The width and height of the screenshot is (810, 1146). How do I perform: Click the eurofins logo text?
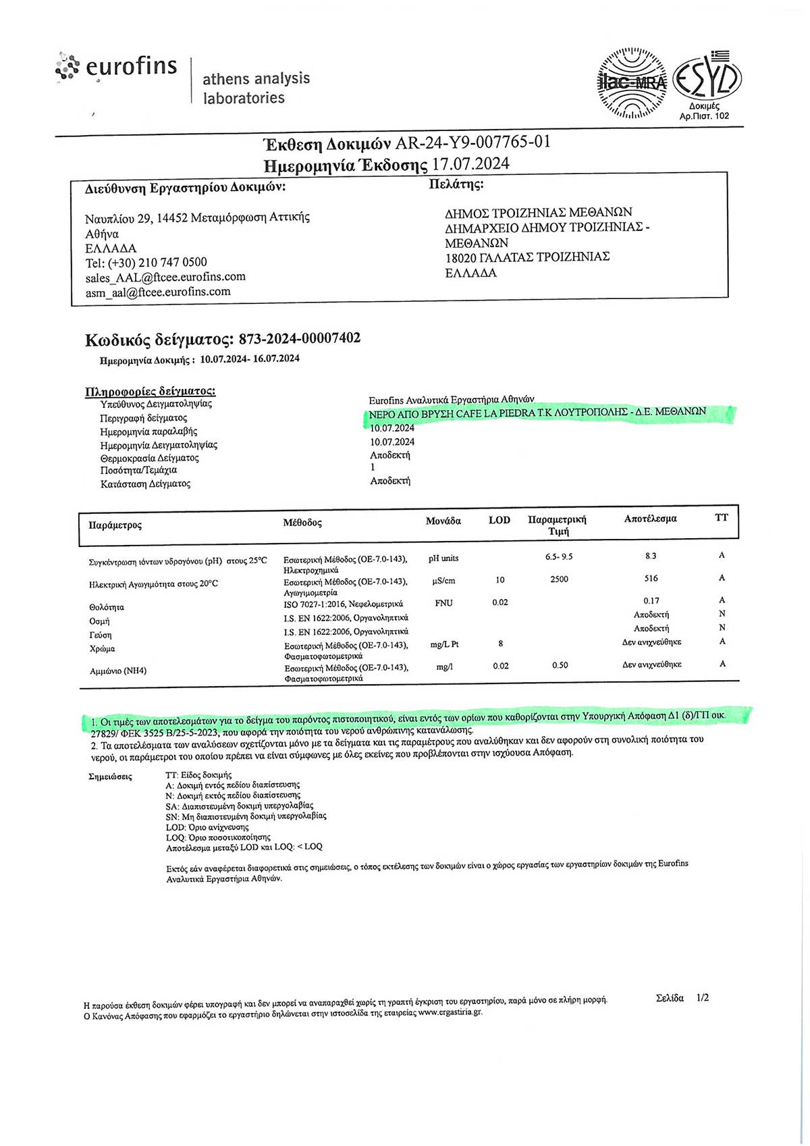[131, 66]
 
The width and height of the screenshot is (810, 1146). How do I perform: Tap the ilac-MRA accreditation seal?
[632, 82]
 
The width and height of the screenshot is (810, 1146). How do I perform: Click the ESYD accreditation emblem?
[707, 78]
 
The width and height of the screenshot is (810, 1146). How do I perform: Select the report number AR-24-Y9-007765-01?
[473, 142]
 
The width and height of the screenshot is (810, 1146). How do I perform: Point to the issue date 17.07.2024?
[470, 164]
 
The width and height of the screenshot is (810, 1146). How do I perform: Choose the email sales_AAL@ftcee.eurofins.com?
[165, 277]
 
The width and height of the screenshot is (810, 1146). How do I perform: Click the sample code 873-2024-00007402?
[299, 338]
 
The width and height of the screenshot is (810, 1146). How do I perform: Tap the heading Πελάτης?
[456, 184]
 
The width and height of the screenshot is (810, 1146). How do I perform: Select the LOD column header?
[499, 520]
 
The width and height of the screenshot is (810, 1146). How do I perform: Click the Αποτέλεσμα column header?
[650, 519]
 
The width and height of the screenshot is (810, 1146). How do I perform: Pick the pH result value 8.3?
[650, 556]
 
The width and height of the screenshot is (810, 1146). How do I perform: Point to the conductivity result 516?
[651, 578]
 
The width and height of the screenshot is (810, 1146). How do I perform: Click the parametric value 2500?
[559, 579]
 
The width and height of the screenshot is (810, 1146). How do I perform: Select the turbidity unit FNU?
[443, 603]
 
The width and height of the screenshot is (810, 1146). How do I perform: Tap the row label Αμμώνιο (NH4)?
[118, 671]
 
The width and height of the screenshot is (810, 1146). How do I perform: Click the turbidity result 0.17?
[651, 600]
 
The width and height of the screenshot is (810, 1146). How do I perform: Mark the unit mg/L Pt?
[444, 644]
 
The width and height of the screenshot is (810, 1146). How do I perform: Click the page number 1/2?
[702, 997]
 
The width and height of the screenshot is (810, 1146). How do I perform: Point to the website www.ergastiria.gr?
[450, 1012]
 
